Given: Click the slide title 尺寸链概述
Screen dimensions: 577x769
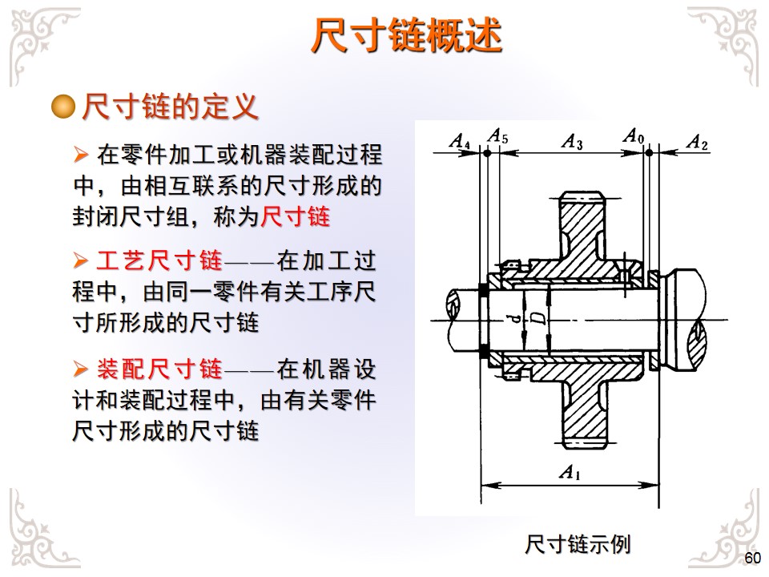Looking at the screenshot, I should [x=406, y=35].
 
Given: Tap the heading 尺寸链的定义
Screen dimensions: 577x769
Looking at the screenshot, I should [x=170, y=107].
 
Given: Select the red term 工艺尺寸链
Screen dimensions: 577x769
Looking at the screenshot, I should [x=159, y=261].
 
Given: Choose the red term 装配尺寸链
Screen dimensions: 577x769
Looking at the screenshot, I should [x=159, y=370].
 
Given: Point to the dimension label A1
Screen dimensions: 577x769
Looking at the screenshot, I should [x=569, y=473].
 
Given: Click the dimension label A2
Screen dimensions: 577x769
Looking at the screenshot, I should [x=698, y=143].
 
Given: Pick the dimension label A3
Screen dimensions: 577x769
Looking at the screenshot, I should [x=572, y=142].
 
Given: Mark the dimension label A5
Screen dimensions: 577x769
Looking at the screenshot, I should [x=497, y=135].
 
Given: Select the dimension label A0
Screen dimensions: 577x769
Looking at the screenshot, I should [x=634, y=135].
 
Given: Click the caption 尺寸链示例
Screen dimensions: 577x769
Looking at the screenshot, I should [x=578, y=545].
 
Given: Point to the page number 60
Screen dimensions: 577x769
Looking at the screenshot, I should [x=752, y=558].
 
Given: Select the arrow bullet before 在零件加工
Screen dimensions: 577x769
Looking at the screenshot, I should [x=79, y=153].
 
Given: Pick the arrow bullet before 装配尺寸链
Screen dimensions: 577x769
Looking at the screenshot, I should [x=79, y=370].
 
